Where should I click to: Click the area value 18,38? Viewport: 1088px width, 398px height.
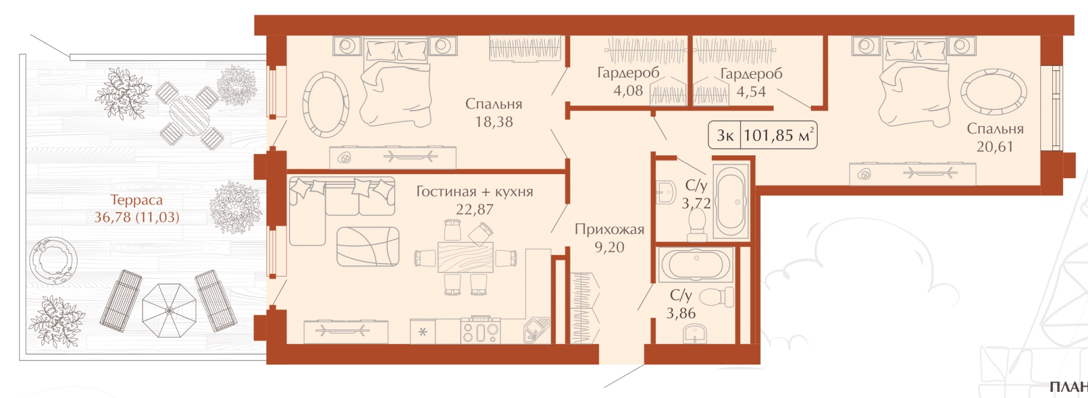[494, 122]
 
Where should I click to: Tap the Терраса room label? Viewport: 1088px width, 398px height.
[136, 200]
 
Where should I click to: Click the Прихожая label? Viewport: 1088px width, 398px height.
[609, 229]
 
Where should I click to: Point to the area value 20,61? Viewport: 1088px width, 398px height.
[995, 147]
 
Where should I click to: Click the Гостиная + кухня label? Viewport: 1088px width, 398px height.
[475, 192]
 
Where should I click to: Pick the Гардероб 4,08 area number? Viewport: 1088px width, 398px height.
[628, 91]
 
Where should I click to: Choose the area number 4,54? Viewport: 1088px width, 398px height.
[751, 92]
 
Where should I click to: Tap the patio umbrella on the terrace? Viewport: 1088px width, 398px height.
[169, 310]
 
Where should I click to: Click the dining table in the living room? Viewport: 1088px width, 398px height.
[465, 258]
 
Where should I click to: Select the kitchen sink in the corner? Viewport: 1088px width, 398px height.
[536, 330]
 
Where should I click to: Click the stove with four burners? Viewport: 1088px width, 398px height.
[480, 329]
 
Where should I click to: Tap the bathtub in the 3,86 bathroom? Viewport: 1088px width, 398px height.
[696, 265]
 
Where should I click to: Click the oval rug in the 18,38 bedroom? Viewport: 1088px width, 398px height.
[325, 104]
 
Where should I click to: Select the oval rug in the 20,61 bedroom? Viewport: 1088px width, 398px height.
[994, 91]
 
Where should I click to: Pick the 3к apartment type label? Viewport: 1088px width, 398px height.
[725, 136]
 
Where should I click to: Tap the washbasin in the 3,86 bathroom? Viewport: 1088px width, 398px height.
[696, 334]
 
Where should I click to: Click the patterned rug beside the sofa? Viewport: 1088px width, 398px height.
[367, 247]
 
